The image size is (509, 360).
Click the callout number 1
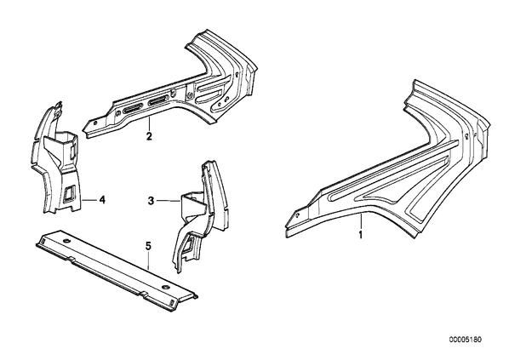[x=360, y=234]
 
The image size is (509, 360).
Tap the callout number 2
[x=149, y=136]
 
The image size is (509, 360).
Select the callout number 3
[x=151, y=201]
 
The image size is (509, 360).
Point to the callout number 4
[x=102, y=200]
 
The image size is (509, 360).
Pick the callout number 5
[x=148, y=247]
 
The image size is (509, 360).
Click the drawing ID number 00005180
[x=466, y=340]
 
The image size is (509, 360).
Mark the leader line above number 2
[x=149, y=124]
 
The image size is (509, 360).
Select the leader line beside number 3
[x=169, y=201]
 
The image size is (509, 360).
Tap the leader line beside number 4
[x=89, y=200]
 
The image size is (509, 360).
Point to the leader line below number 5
[x=148, y=260]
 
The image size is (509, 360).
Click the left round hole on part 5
[x=67, y=241]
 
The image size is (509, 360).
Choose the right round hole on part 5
[x=166, y=288]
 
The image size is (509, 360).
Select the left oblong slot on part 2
[x=133, y=108]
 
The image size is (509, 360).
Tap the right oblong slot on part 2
[x=158, y=100]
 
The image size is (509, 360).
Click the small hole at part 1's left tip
[x=297, y=215]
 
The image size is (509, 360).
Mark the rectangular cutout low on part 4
[x=68, y=193]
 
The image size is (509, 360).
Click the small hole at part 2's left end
[x=95, y=123]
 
